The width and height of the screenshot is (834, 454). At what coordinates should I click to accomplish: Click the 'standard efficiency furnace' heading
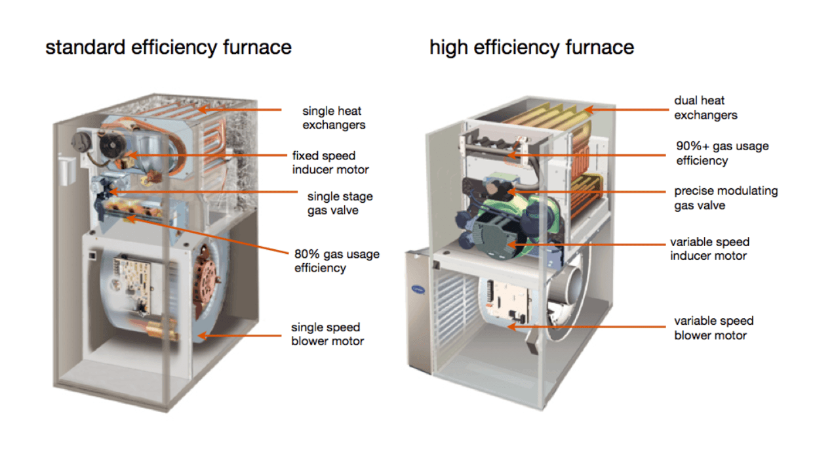pos(169,47)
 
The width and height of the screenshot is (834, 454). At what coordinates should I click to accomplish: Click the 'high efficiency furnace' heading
pos(532,47)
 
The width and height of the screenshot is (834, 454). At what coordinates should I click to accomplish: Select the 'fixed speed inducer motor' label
pos(330,163)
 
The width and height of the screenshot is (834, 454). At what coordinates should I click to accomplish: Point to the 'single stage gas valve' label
pos(340,203)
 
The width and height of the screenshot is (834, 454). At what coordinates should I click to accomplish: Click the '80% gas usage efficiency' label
pos(337,261)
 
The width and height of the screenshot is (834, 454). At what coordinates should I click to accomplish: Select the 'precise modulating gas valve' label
pos(726,198)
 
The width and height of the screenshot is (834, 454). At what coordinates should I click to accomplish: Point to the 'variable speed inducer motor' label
pos(709,249)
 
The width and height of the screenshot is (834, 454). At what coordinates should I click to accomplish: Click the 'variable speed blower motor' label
pos(713,328)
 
